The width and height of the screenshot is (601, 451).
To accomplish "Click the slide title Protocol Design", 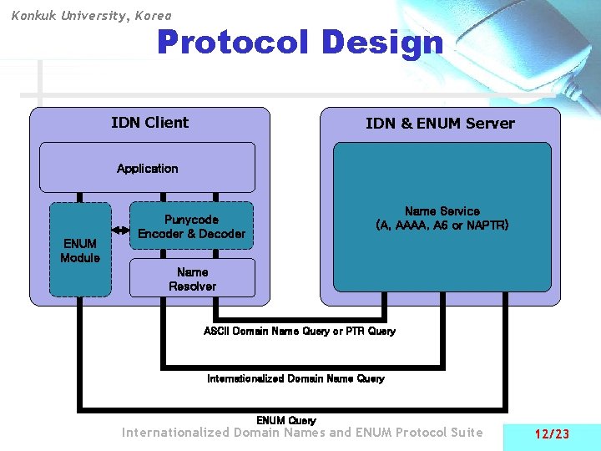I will (x=300, y=43).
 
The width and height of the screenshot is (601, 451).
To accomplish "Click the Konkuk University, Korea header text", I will (x=91, y=15).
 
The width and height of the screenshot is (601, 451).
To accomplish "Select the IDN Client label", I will (x=149, y=123).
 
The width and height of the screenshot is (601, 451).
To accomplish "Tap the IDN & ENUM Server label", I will (x=440, y=124).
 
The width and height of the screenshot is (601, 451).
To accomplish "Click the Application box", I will (x=147, y=168).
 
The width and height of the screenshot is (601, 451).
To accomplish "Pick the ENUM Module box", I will (x=80, y=251).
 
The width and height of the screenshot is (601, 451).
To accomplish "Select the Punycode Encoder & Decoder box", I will (x=191, y=226).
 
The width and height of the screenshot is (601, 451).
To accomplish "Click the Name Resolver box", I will (x=192, y=279).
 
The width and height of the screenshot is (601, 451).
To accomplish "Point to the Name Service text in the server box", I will (x=442, y=211).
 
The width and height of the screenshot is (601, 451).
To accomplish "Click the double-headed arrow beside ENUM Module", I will (x=120, y=226).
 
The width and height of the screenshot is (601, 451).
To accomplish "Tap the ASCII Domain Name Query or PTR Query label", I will (x=300, y=332).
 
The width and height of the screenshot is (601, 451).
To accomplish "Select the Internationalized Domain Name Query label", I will (x=295, y=378).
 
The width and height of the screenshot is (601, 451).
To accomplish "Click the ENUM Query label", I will (x=286, y=419).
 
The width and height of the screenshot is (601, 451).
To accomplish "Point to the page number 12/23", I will (x=551, y=433).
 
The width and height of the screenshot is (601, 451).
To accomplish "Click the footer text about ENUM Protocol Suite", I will (x=302, y=433).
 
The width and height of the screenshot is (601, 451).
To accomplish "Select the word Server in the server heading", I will (x=490, y=124).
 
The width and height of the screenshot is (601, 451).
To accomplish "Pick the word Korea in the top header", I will (x=152, y=15).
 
